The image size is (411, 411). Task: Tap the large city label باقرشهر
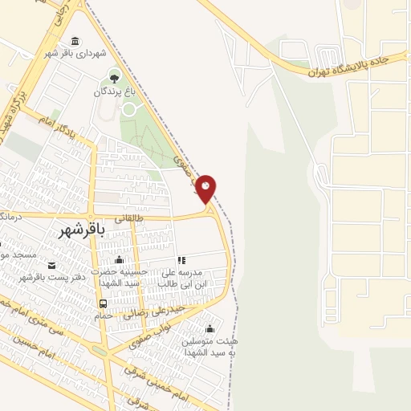point(82,230)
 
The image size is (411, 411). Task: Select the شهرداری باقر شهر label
point(75,55)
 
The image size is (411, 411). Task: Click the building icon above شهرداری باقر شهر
point(75,42)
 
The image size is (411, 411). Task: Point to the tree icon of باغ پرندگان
point(112,78)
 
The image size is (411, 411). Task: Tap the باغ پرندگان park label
point(112,92)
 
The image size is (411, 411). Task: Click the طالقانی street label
point(129,217)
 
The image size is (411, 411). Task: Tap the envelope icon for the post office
point(52,266)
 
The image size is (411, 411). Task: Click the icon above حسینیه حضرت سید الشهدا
point(120,259)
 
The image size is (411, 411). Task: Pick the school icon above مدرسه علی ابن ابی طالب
point(181,260)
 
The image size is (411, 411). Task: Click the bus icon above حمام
point(103,303)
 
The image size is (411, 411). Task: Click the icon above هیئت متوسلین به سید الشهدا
point(210,328)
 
